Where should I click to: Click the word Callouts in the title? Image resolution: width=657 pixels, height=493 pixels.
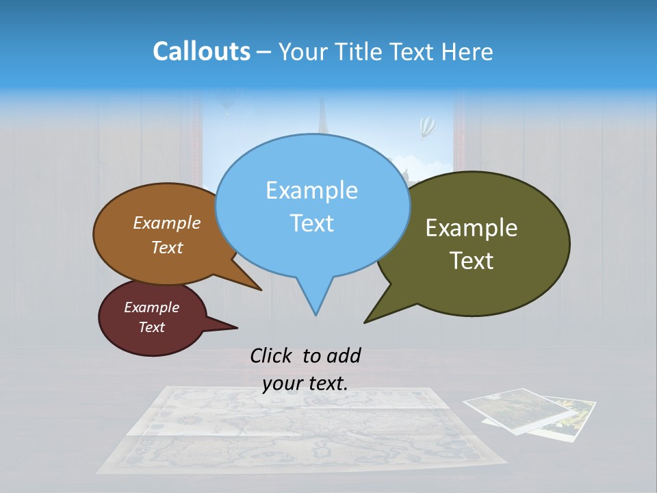tap(201, 51)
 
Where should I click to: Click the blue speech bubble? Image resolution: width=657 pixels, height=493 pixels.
tap(312, 205)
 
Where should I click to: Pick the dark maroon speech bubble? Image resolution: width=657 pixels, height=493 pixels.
tap(152, 318)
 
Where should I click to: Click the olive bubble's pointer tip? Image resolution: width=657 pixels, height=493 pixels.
tap(366, 321)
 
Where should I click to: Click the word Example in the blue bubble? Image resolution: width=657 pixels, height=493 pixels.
tap(311, 190)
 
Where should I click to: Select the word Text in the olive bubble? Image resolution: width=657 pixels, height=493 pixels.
tap(472, 261)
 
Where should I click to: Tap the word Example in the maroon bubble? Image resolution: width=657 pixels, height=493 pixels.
tap(152, 307)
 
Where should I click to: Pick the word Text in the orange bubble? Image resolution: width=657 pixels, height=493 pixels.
tap(167, 248)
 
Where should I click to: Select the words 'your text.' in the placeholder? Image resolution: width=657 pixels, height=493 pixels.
tap(305, 383)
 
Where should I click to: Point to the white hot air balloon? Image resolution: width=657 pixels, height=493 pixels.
tap(427, 126)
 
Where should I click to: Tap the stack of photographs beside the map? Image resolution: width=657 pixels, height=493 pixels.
tap(530, 411)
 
